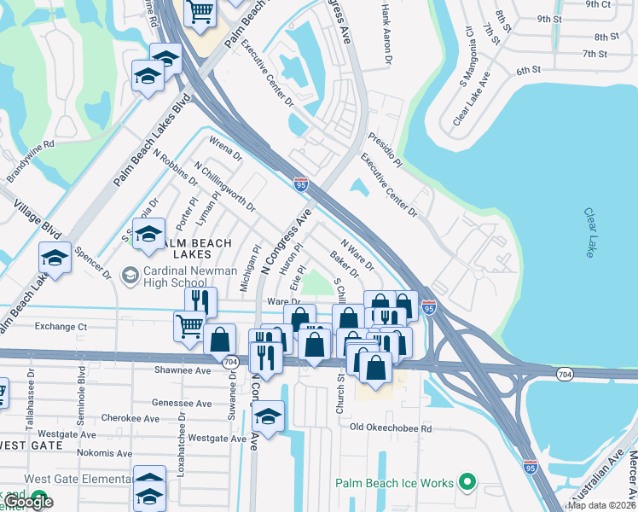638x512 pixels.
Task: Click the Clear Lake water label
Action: tap(590, 232)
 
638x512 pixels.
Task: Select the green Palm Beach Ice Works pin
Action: tap(467, 483)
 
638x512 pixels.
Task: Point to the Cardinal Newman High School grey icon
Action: tap(130, 274)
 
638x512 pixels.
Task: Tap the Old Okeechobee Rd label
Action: tap(391, 428)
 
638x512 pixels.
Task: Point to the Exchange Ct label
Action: tap(61, 326)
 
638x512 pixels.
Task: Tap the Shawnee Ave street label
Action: tap(183, 370)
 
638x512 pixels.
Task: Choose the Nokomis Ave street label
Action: tap(104, 453)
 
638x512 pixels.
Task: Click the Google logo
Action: tap(28, 502)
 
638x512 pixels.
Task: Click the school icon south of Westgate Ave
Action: tap(268, 417)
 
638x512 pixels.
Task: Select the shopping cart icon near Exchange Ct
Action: tap(188, 324)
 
